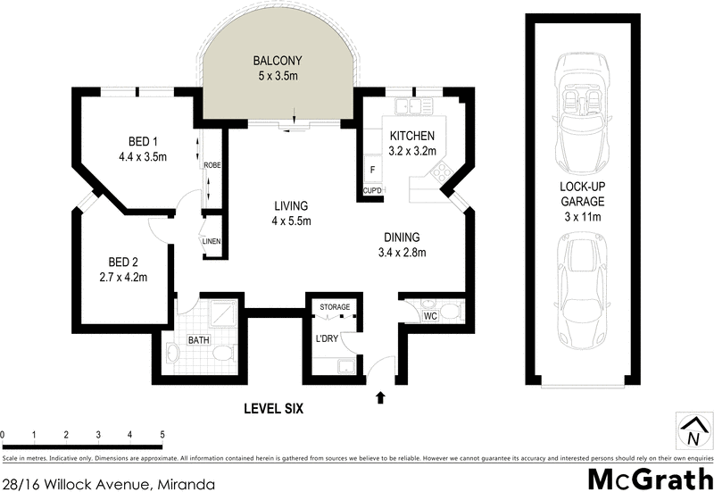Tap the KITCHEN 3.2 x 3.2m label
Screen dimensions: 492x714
pyautogui.click(x=412, y=143)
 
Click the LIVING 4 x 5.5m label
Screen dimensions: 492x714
pyautogui.click(x=292, y=213)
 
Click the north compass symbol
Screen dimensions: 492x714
pyautogui.click(x=692, y=431)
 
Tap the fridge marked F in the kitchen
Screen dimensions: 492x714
pyautogui.click(x=372, y=170)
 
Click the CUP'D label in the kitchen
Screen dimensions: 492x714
pyautogui.click(x=372, y=191)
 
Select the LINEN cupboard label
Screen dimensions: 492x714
pyautogui.click(x=212, y=241)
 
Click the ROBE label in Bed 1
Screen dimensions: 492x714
pyautogui.click(x=212, y=165)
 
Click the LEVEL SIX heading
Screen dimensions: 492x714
pyautogui.click(x=274, y=409)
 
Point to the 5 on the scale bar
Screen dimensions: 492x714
pyautogui.click(x=162, y=435)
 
